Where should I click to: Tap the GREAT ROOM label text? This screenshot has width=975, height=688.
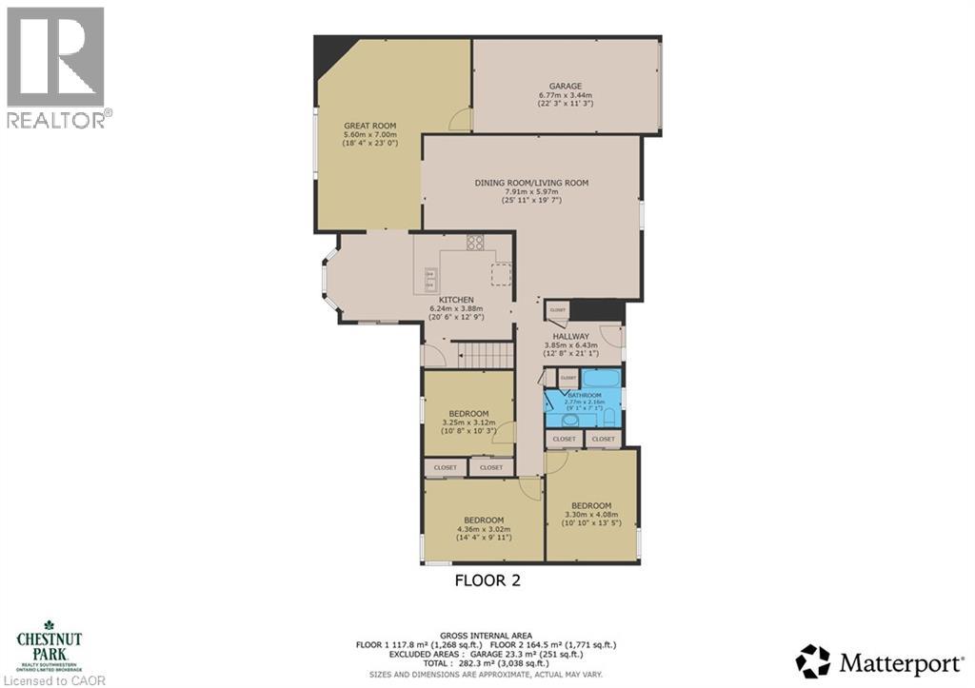[x=369, y=126]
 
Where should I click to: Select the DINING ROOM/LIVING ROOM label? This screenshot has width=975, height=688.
[x=531, y=183]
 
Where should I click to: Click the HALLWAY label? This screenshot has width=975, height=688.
[x=566, y=336]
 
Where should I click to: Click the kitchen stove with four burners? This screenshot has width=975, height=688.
[x=474, y=244]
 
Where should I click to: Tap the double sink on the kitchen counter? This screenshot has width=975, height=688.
[x=431, y=280]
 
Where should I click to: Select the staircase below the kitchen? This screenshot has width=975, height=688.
[x=482, y=355]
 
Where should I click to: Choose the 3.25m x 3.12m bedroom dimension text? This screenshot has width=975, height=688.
[x=468, y=423]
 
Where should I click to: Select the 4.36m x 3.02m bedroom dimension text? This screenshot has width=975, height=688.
[x=484, y=529]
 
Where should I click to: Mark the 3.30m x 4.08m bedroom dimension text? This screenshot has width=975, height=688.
[x=590, y=515]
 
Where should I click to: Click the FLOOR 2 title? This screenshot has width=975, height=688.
[x=487, y=580]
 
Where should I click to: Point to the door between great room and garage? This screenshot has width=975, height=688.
[x=462, y=119]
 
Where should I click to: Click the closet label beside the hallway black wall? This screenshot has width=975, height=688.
[x=557, y=310]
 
